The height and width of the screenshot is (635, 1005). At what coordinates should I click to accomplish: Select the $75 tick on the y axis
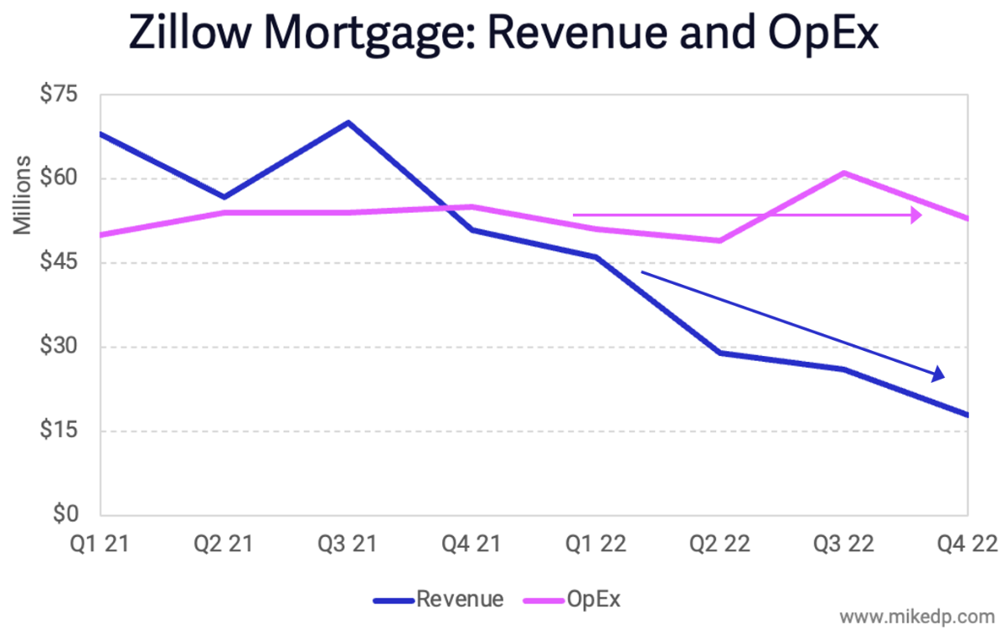(59, 94)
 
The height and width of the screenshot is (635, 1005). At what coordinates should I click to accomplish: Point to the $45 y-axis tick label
(59, 263)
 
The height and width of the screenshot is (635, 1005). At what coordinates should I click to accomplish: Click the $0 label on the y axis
(64, 515)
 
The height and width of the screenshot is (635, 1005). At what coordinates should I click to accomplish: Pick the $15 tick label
(59, 431)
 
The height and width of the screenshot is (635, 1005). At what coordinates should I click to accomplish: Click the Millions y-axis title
(24, 194)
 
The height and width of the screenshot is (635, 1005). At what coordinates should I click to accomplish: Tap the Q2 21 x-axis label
(223, 545)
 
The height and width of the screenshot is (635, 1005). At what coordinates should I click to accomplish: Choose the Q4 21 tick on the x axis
(472, 545)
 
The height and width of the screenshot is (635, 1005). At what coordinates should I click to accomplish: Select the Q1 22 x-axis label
(595, 545)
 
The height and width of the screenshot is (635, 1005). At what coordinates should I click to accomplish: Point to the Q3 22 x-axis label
(844, 545)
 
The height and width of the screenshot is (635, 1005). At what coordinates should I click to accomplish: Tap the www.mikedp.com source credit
(916, 617)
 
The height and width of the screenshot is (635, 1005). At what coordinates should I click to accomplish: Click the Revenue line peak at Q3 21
(348, 122)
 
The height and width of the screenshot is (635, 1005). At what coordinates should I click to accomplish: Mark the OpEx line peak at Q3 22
(844, 173)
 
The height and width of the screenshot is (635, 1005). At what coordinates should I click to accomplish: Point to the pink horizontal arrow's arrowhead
(917, 215)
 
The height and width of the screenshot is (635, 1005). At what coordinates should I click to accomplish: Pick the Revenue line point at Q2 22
(719, 353)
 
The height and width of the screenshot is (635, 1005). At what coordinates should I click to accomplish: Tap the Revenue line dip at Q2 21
(224, 197)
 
